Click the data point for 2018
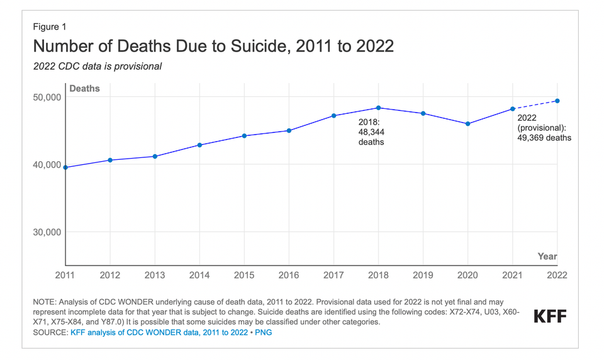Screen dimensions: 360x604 pos(378,108)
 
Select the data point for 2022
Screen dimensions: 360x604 pos(557,101)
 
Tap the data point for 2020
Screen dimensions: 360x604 pos(467,124)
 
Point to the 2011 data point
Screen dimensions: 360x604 pos(66,167)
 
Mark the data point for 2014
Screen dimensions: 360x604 pos(200,145)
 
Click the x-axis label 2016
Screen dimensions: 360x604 pos(289,275)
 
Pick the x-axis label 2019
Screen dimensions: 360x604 pos(423,275)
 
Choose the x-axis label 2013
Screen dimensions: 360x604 pos(155,275)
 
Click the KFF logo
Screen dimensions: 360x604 pos(550,316)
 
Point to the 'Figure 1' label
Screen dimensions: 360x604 pos(50,26)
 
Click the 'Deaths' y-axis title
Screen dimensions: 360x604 pos(84,89)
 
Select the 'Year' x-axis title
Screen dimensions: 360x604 pos(547,256)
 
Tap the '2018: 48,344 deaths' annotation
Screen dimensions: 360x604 pos(371,132)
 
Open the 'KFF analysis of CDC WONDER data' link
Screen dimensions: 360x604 pos(159,332)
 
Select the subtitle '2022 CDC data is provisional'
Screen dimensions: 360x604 pos(98,66)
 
